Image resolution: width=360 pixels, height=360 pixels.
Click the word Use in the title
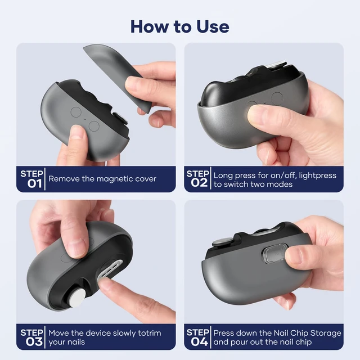(x=213, y=26)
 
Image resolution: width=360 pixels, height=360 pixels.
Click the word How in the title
(x=150, y=26)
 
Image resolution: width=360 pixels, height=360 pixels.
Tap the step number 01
(x=34, y=184)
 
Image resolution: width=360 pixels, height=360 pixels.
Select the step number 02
(x=199, y=183)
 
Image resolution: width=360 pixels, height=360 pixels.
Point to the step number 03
(x=34, y=342)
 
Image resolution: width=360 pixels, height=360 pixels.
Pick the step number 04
(x=199, y=342)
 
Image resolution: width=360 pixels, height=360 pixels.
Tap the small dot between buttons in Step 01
(x=85, y=119)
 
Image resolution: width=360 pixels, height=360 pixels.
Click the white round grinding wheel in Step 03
(x=77, y=298)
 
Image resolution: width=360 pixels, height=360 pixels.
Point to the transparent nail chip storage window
(x=274, y=254)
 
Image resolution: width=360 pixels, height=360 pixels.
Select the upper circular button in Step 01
(x=76, y=112)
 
